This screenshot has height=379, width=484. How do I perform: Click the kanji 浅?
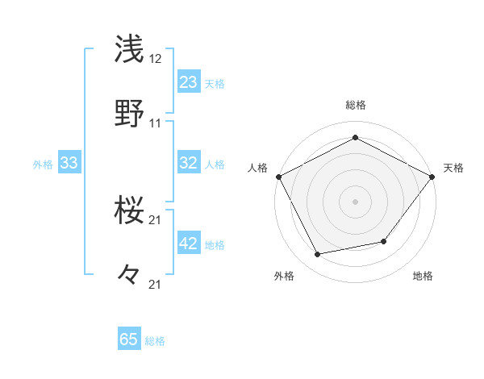[x=131, y=49]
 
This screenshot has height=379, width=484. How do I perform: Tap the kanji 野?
[x=131, y=113]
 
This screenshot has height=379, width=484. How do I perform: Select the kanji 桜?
[x=131, y=211]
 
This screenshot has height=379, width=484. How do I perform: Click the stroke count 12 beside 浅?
[x=156, y=60]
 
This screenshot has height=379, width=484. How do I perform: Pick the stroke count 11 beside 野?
[x=156, y=123]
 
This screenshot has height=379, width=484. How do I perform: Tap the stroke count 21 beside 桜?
[x=156, y=220]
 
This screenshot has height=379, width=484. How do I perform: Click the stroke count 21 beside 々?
[x=156, y=284]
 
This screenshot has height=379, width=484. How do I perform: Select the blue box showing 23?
[x=189, y=81]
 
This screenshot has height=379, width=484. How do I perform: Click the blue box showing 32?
[x=189, y=163]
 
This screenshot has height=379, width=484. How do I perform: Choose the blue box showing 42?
[x=189, y=244]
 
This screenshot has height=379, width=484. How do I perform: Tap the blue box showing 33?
[x=69, y=163]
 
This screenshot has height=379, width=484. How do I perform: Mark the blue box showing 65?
[x=129, y=339]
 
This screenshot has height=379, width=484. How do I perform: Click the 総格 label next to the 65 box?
[x=155, y=341]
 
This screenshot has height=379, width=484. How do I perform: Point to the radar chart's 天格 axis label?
[x=453, y=168]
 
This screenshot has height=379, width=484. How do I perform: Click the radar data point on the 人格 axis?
[x=278, y=176]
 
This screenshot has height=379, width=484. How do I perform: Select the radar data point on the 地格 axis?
[x=384, y=241]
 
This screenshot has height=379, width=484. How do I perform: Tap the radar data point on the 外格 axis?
[x=318, y=255]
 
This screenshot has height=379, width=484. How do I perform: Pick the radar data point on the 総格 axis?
[x=355, y=138]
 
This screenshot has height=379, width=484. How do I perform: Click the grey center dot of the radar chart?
[x=355, y=201]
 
